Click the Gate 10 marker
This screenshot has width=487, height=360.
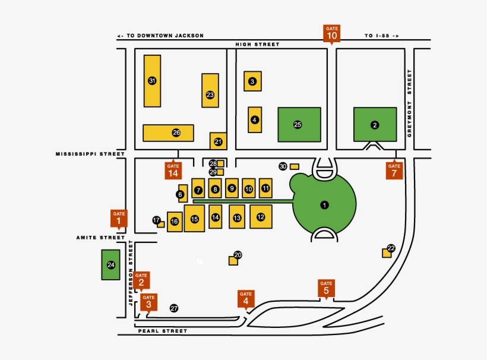[x=332, y=33]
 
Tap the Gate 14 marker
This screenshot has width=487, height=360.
[x=173, y=170]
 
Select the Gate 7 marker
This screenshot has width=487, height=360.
[x=394, y=170]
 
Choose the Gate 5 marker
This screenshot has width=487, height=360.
[x=326, y=288]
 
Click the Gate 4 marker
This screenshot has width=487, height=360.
[x=246, y=298]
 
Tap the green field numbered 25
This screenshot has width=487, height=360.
[x=299, y=125]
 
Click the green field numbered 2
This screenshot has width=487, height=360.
[x=375, y=125]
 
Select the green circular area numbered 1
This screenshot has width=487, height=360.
[x=324, y=205]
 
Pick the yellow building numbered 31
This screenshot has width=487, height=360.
[x=152, y=81]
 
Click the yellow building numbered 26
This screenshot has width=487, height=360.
[x=169, y=132]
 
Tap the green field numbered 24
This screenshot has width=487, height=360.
[x=110, y=265]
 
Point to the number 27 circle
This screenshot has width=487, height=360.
[x=174, y=308]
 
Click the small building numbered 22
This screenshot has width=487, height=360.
[x=387, y=252]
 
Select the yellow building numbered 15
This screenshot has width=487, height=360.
[x=194, y=219]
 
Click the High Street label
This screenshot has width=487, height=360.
[x=257, y=44]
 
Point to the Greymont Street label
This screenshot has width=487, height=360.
[x=409, y=103]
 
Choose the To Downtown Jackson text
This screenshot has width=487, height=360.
[x=160, y=36]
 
